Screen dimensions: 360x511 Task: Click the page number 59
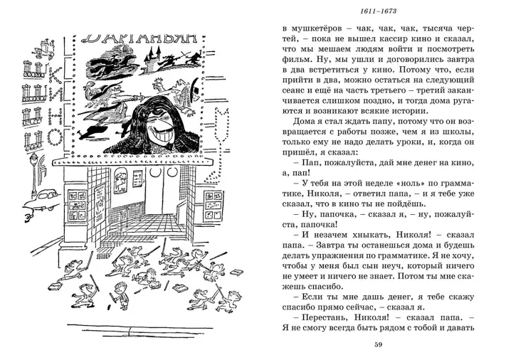(x=378, y=346)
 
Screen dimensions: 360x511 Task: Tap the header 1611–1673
(x=378, y=11)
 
